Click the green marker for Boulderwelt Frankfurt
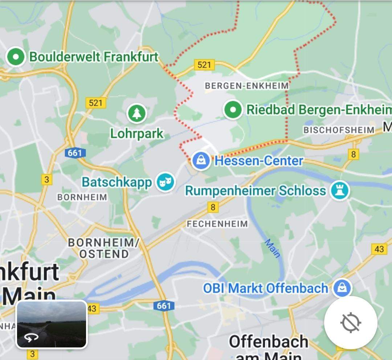coord(16,57)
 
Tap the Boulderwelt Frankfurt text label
coord(94,57)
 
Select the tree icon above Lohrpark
coord(136,113)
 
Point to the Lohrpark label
coord(137,134)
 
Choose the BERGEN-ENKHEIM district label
coord(247,86)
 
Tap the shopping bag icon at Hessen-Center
coord(201,160)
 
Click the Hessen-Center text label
coord(259,160)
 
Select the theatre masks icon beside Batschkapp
coord(166,182)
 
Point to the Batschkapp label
coord(117,182)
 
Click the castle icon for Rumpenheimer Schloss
coord(340,190)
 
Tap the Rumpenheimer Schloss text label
coord(256,191)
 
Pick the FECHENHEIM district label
coord(217,224)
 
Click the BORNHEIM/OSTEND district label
coord(104,248)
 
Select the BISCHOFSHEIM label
coord(339,130)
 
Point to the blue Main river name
coord(272,248)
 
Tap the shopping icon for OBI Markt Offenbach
coord(342,288)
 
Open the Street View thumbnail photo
coord(52,324)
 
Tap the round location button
coord(351,322)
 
